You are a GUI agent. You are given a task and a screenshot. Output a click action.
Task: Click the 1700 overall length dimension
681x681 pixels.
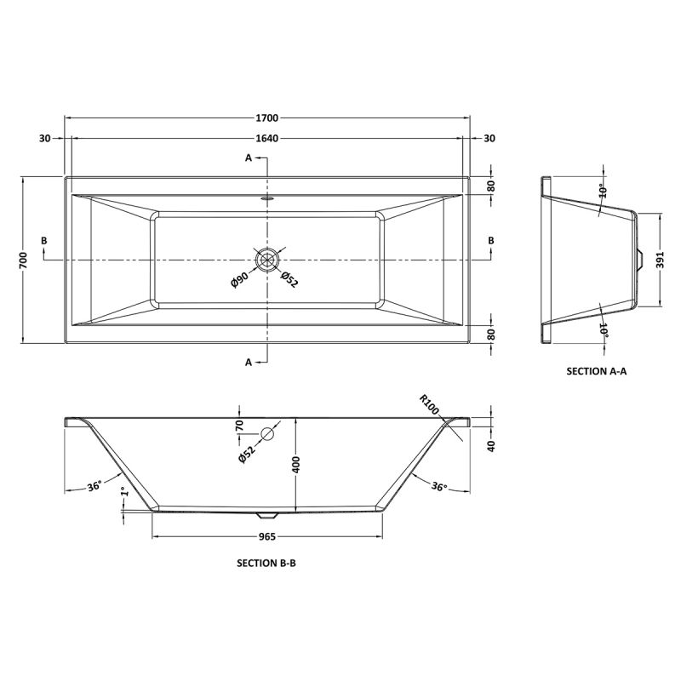coord(266,117)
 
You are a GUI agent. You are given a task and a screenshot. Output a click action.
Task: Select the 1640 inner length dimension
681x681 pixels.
coord(266,138)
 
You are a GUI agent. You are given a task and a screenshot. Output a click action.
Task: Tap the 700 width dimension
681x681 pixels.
coord(24,260)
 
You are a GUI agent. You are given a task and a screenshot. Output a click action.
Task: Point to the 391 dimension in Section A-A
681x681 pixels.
coord(661,260)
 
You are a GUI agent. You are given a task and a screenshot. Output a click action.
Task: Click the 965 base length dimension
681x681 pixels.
coord(267,537)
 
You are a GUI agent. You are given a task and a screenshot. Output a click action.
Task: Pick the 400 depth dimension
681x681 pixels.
coord(297,465)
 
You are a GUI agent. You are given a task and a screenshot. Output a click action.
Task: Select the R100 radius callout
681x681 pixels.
coord(430,404)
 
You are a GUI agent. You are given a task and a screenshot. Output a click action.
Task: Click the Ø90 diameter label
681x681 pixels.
coord(239,279)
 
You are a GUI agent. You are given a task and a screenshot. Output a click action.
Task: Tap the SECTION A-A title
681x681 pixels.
coord(597,371)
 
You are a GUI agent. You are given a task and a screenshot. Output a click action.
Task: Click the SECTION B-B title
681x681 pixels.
coord(266,564)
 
